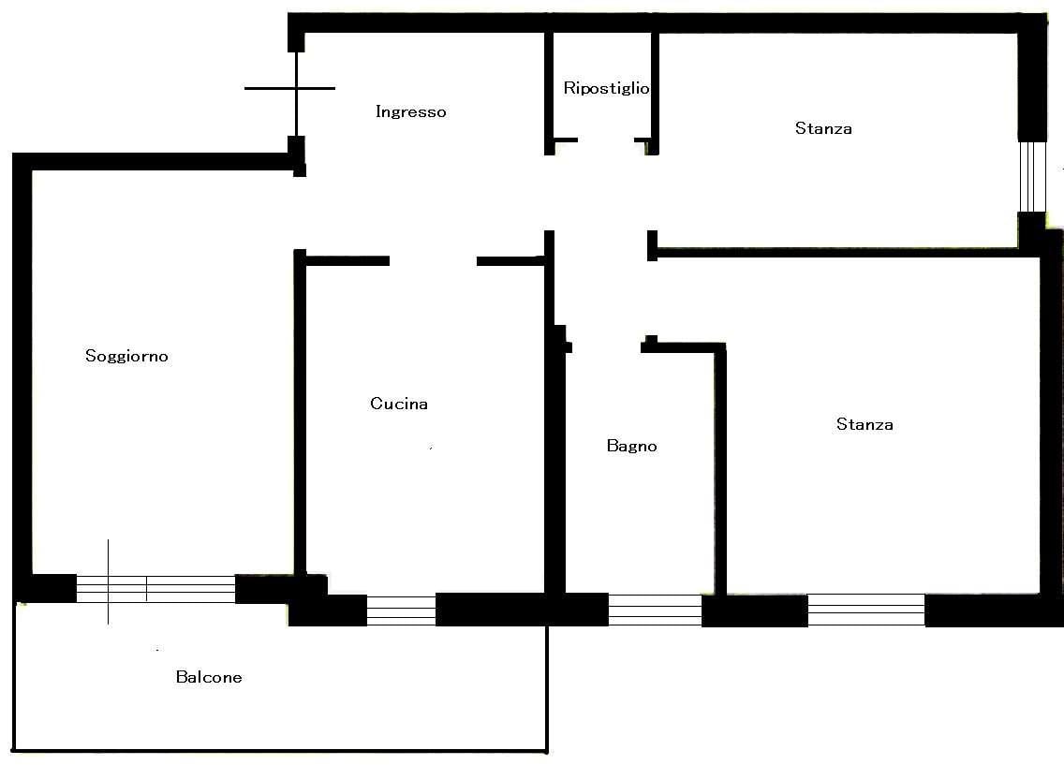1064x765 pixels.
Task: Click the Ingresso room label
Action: point(411,112)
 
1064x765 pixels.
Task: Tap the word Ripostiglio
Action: point(606,88)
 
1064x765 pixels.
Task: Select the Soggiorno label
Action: point(126,356)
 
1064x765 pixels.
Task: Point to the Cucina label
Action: point(399,404)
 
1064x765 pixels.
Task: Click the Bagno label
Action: point(631,446)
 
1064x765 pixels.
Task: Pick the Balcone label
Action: point(209,677)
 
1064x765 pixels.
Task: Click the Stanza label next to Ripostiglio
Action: point(824,128)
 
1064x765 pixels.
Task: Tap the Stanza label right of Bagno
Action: point(865,424)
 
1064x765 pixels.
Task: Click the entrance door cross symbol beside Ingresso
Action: point(297,88)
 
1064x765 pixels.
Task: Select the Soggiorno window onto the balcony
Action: point(156,589)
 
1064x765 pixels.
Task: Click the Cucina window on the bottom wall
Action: point(401,611)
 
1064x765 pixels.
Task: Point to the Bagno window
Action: point(655,610)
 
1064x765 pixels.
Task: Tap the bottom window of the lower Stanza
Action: point(866,610)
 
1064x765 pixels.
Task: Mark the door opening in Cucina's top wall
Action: point(433,261)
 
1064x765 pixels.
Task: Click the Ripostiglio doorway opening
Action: point(606,140)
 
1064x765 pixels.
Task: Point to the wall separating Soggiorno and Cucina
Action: point(300,414)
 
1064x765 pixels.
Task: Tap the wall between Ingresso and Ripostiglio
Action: point(549,93)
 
